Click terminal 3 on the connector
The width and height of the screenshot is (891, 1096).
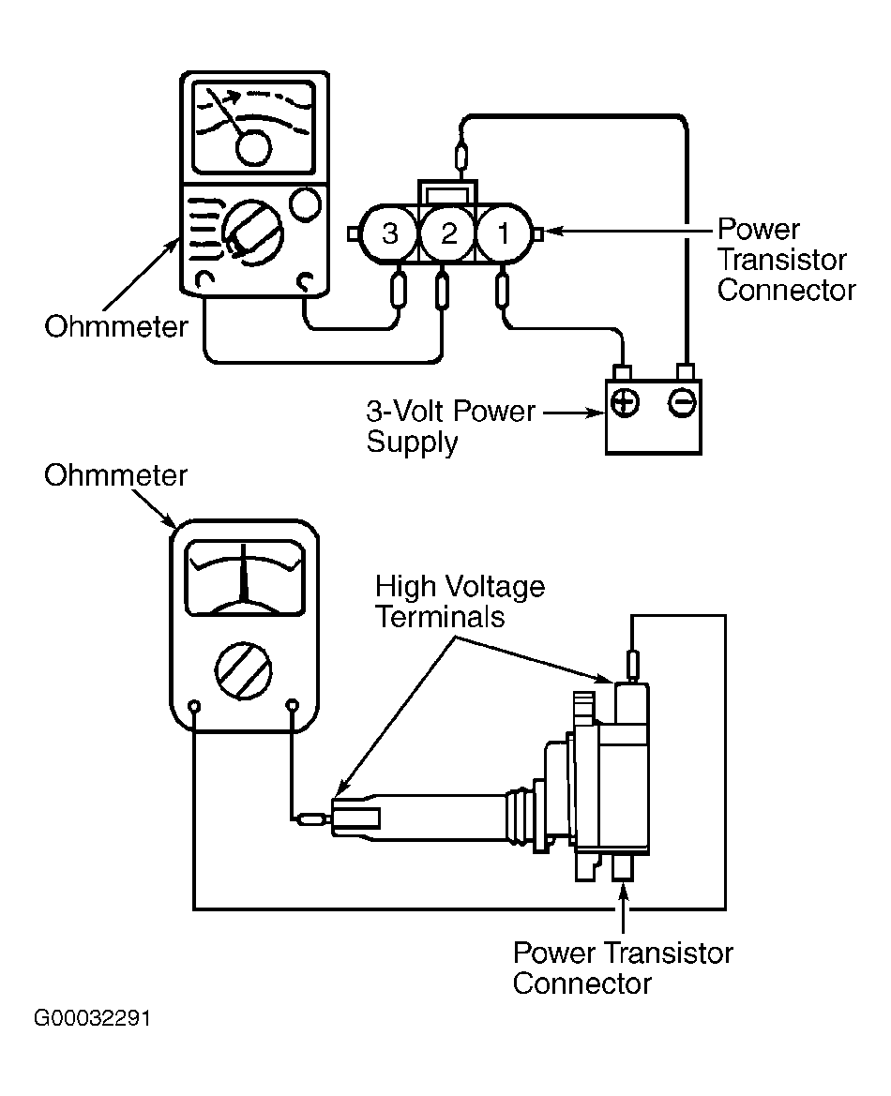(x=390, y=233)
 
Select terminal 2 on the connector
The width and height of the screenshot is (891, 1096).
(x=448, y=233)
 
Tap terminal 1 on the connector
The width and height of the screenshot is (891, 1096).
(x=504, y=233)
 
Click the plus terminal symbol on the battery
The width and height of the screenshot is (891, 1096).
(x=626, y=402)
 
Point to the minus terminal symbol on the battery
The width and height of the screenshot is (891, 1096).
(x=682, y=402)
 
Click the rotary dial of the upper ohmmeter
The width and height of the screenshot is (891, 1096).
(x=252, y=233)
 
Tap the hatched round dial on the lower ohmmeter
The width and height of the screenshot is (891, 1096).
(x=243, y=670)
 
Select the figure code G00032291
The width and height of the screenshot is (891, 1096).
(x=92, y=1018)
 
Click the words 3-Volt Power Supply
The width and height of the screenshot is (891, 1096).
(x=450, y=427)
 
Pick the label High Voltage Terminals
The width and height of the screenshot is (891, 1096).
(x=460, y=601)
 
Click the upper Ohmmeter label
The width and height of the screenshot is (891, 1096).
(x=116, y=326)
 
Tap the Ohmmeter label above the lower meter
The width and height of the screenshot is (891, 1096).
(x=116, y=475)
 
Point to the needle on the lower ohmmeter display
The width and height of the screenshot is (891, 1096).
(x=244, y=572)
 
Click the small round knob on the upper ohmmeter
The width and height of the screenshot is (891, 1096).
(x=305, y=204)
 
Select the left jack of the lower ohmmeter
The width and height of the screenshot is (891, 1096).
(x=195, y=705)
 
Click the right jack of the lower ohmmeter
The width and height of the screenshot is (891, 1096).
(x=293, y=705)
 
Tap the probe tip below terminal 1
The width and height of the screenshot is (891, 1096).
(x=503, y=291)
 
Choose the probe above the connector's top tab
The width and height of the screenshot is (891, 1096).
(x=461, y=157)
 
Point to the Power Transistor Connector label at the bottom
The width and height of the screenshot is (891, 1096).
(x=623, y=968)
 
